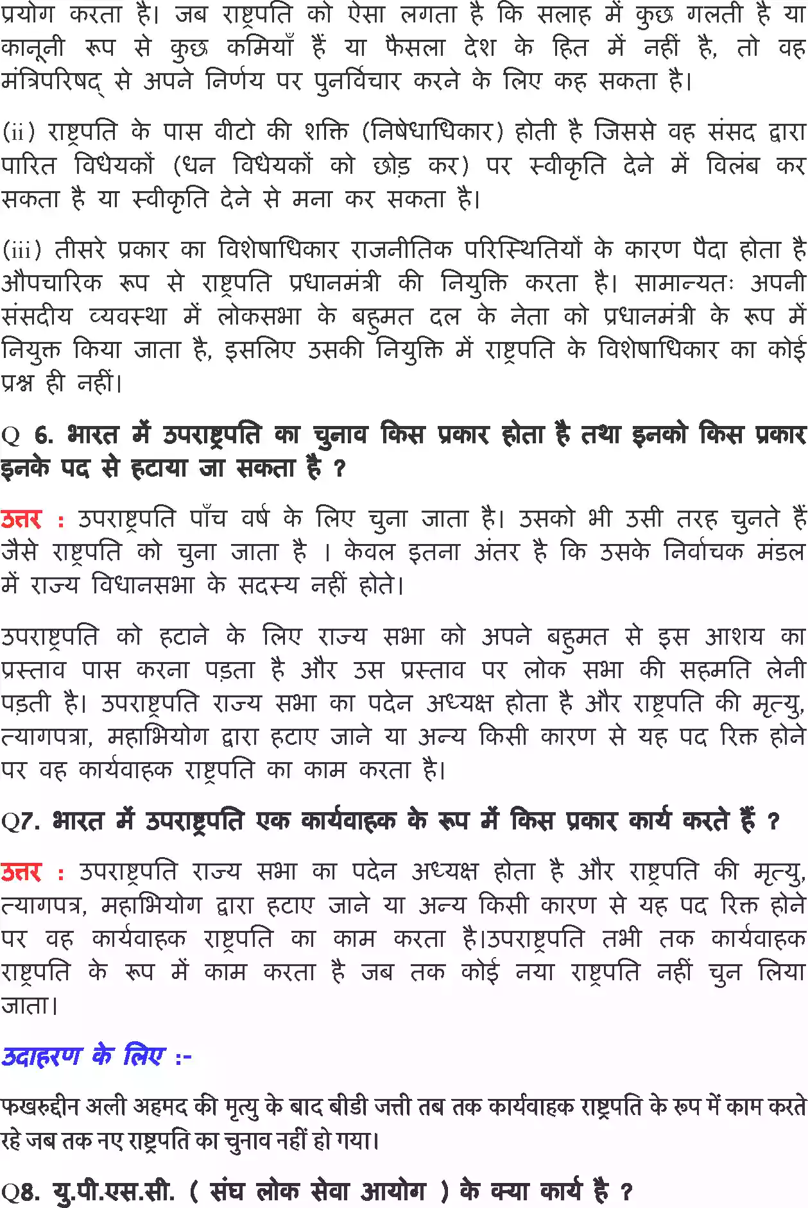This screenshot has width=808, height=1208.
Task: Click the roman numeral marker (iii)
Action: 22,249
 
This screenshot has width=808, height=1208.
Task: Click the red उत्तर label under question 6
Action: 22,519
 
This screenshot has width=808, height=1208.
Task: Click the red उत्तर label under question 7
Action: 22,872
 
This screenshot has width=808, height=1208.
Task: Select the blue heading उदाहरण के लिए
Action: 83,1055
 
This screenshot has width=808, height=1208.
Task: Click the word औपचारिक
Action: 52,283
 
